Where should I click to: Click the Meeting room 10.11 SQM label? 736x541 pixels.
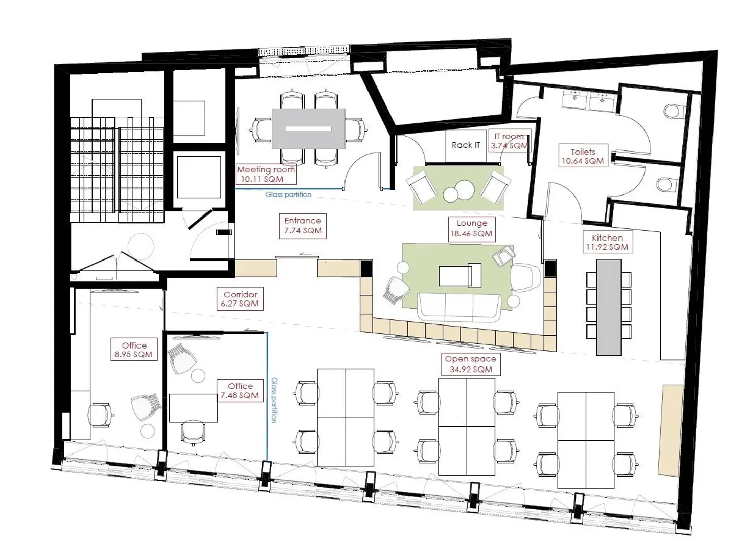pos(266,174)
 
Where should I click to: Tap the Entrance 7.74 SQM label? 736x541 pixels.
pos(303,226)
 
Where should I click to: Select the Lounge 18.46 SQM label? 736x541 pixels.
pos(472,229)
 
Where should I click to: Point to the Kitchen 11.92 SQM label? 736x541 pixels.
pos(607,242)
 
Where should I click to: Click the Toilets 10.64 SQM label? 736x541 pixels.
pos(583,156)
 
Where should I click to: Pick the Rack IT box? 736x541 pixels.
pos(466,145)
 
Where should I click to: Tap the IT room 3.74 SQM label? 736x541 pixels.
pos(509,141)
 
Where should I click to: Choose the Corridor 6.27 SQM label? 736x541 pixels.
pos(240,299)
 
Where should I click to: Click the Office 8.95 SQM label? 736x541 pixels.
pos(134,350)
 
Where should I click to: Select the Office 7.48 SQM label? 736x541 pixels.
pos(240,391)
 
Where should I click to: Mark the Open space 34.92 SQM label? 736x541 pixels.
pos(471,364)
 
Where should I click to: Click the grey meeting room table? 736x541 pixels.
pos(309,128)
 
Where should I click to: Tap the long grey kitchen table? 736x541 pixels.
pos(609,308)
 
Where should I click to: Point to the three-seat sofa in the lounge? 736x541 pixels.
pos(459,307)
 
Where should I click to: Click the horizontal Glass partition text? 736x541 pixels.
pos(288,194)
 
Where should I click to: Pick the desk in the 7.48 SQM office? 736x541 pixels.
pos(193,408)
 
